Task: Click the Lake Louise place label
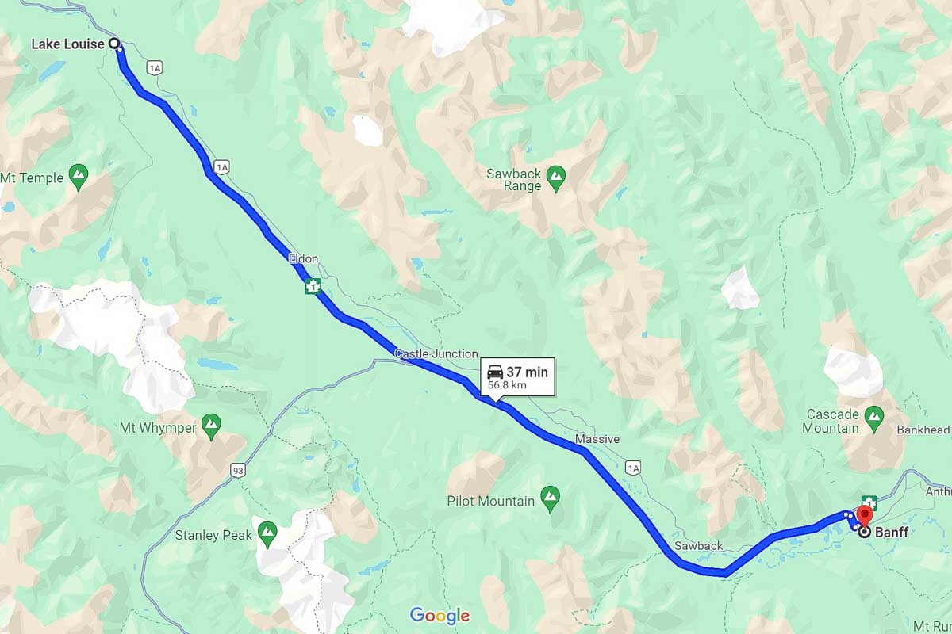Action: coord(67,44)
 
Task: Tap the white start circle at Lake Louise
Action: coord(113,44)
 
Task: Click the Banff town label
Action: coord(892,533)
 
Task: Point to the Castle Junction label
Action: coord(436,353)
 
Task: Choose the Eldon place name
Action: coord(303,258)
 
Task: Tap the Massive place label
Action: coord(597,439)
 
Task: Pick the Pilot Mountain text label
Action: coord(490,501)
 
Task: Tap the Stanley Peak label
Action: coord(213,535)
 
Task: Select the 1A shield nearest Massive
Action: coord(632,468)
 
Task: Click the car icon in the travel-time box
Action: coord(494,372)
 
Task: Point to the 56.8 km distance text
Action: coord(508,386)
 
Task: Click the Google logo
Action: coord(440,616)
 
